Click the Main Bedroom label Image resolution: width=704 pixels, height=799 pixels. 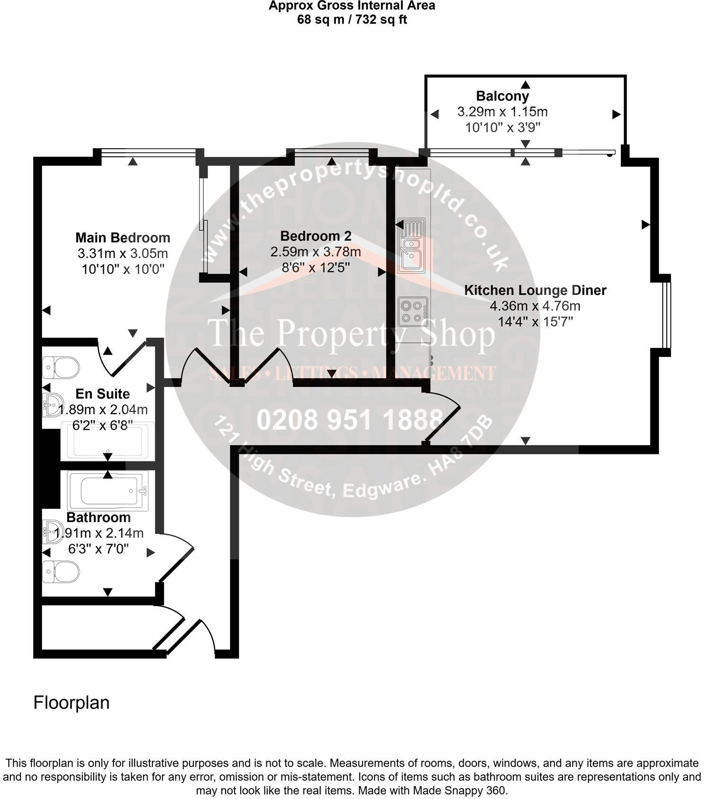click(x=123, y=238)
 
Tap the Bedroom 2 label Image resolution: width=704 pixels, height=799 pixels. click(x=316, y=236)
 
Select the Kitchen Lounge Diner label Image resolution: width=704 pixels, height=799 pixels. click(x=535, y=290)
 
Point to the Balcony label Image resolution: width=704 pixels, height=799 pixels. click(x=502, y=96)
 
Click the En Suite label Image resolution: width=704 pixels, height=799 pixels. click(x=103, y=394)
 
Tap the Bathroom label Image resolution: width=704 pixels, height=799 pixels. click(x=98, y=517)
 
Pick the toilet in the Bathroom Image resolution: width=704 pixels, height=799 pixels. click(x=61, y=572)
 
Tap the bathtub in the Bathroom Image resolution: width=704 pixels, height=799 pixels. click(x=108, y=491)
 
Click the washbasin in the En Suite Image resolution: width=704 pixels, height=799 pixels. click(x=52, y=405)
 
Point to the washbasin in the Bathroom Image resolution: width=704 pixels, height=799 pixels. click(x=52, y=532)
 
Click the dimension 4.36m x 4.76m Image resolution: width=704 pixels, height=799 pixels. click(x=535, y=306)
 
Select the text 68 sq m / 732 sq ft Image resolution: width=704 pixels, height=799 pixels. click(x=352, y=20)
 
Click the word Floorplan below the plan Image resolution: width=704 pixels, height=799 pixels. click(x=71, y=702)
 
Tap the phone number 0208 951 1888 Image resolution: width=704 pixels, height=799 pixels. click(x=350, y=419)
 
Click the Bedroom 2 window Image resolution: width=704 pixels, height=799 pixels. click(x=332, y=152)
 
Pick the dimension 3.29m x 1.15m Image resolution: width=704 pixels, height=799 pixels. click(x=502, y=112)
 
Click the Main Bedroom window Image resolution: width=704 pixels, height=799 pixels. click(x=149, y=152)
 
